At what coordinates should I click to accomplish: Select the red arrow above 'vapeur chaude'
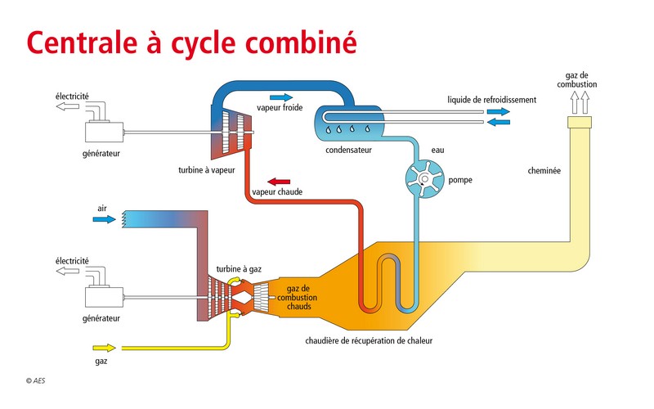(279, 182)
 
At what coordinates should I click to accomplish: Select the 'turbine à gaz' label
(239, 268)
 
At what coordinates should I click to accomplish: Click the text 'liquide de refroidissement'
(491, 100)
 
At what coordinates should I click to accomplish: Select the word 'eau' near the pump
(437, 151)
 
